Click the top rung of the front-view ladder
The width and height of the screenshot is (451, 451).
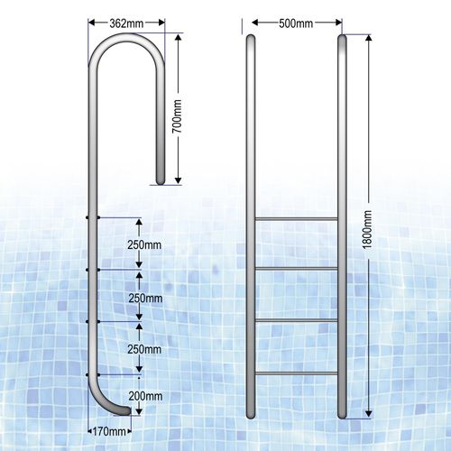(x=297, y=218)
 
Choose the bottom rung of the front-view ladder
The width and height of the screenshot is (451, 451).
(x=297, y=372)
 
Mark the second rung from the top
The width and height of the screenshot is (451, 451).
(x=297, y=269)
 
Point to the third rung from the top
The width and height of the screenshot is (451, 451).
(x=297, y=320)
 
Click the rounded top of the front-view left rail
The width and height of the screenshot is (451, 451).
(x=252, y=38)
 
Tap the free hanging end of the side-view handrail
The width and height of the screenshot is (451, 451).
(x=161, y=181)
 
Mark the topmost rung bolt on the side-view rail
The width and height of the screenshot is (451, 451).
(x=88, y=216)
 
